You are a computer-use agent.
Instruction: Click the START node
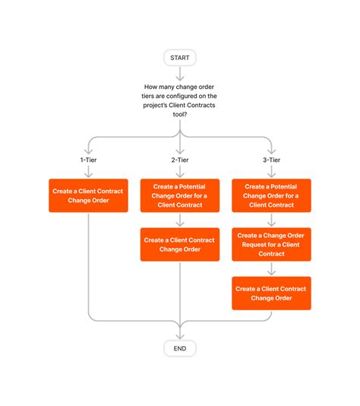[180, 58]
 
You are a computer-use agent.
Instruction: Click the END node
[180, 347]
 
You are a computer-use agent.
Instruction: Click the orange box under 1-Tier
[88, 195]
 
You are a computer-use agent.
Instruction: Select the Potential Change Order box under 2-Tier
[180, 195]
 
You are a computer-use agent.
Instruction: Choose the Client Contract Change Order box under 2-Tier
[180, 245]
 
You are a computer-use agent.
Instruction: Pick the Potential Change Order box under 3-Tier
[271, 195]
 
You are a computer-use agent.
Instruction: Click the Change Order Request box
[271, 245]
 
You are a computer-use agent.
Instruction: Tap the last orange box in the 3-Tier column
[271, 293]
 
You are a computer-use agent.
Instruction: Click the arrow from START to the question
[180, 73]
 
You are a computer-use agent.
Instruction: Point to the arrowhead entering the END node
[180, 334]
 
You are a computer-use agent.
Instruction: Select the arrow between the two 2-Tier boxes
[180, 220]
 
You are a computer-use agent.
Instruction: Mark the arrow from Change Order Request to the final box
[271, 269]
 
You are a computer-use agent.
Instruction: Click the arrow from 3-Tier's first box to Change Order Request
[271, 220]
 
